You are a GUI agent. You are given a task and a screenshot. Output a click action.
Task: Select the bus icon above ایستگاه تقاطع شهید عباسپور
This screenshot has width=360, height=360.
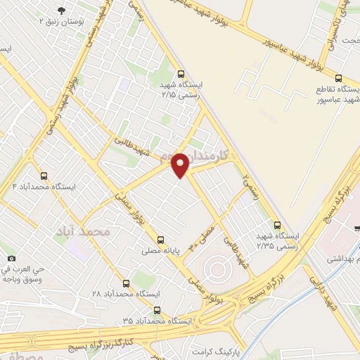339,79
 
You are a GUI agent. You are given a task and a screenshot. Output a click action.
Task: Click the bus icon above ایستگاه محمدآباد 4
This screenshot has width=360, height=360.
44,176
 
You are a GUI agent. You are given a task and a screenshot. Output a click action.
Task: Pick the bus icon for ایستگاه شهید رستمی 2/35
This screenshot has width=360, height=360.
278,226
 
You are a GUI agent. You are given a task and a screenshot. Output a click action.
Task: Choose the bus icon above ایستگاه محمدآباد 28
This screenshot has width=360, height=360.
126,284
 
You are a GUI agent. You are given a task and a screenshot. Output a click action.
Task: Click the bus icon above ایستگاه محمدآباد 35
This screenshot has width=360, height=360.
157,309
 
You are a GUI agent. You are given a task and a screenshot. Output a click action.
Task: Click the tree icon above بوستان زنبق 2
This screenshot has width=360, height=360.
63,11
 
